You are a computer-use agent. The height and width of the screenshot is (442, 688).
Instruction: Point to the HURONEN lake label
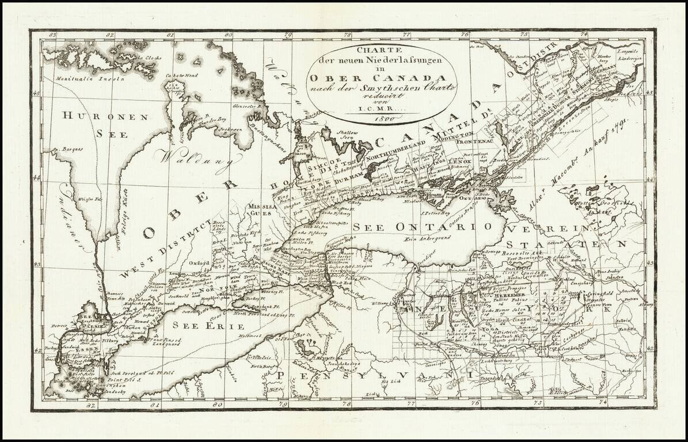pos(100,116)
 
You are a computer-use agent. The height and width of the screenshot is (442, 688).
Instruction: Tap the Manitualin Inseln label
pos(87,78)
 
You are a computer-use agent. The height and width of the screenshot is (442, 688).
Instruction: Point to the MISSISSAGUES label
pos(259,209)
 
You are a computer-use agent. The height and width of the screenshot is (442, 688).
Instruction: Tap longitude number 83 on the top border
pos(53,36)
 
